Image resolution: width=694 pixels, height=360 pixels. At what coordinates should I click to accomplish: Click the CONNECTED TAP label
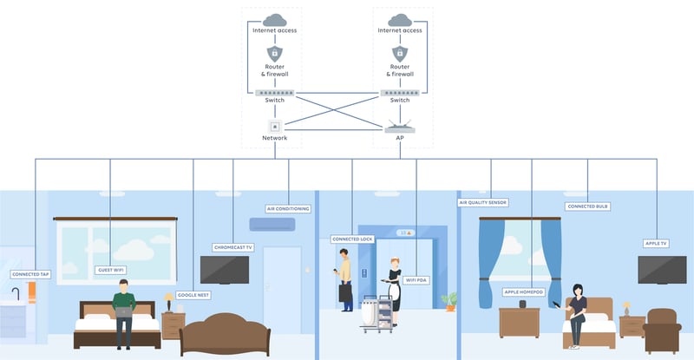coord(31,274)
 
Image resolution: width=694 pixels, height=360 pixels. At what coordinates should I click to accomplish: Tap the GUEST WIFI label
coord(111,270)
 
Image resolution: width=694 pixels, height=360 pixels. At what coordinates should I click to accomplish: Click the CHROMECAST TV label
coord(232,247)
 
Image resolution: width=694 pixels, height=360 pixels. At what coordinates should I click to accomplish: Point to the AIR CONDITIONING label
coord(287,208)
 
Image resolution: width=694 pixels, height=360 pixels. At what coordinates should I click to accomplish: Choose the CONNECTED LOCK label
coord(352,239)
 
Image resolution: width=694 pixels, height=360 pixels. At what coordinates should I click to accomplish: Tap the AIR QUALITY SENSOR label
coord(483,202)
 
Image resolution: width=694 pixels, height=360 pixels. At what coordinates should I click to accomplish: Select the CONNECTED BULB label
coord(587,206)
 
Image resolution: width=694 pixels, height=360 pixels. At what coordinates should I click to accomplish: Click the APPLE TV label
coord(656,244)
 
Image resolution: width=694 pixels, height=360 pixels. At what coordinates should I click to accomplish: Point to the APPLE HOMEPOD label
coord(524,292)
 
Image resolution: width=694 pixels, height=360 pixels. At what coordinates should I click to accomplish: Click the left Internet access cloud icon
coord(276,19)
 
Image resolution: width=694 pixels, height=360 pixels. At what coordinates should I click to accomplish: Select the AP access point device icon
coord(400,127)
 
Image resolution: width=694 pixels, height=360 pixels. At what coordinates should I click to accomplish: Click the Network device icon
coord(274,126)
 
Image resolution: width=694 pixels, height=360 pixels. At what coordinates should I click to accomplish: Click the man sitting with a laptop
coord(124,311)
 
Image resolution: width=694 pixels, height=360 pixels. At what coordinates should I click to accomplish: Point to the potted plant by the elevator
coord(448,301)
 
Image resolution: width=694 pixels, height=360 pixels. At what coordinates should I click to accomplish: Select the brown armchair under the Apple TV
coord(665,329)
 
